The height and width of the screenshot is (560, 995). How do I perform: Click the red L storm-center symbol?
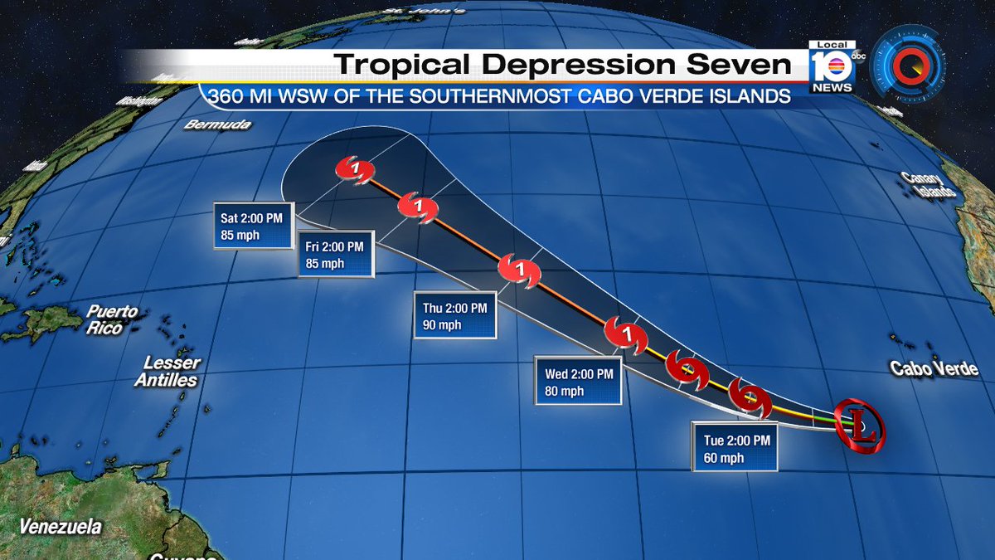(859, 426)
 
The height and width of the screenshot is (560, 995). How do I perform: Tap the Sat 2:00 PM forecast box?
(248, 226)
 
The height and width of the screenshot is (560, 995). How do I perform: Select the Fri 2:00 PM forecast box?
(336, 255)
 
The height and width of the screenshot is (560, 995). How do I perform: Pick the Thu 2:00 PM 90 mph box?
(455, 314)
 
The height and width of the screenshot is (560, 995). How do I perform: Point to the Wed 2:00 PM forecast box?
(579, 382)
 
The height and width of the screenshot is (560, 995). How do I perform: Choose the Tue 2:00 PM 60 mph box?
(733, 448)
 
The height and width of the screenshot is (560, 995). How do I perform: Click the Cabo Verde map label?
(934, 369)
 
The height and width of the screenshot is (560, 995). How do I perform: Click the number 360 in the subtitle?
(227, 96)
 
